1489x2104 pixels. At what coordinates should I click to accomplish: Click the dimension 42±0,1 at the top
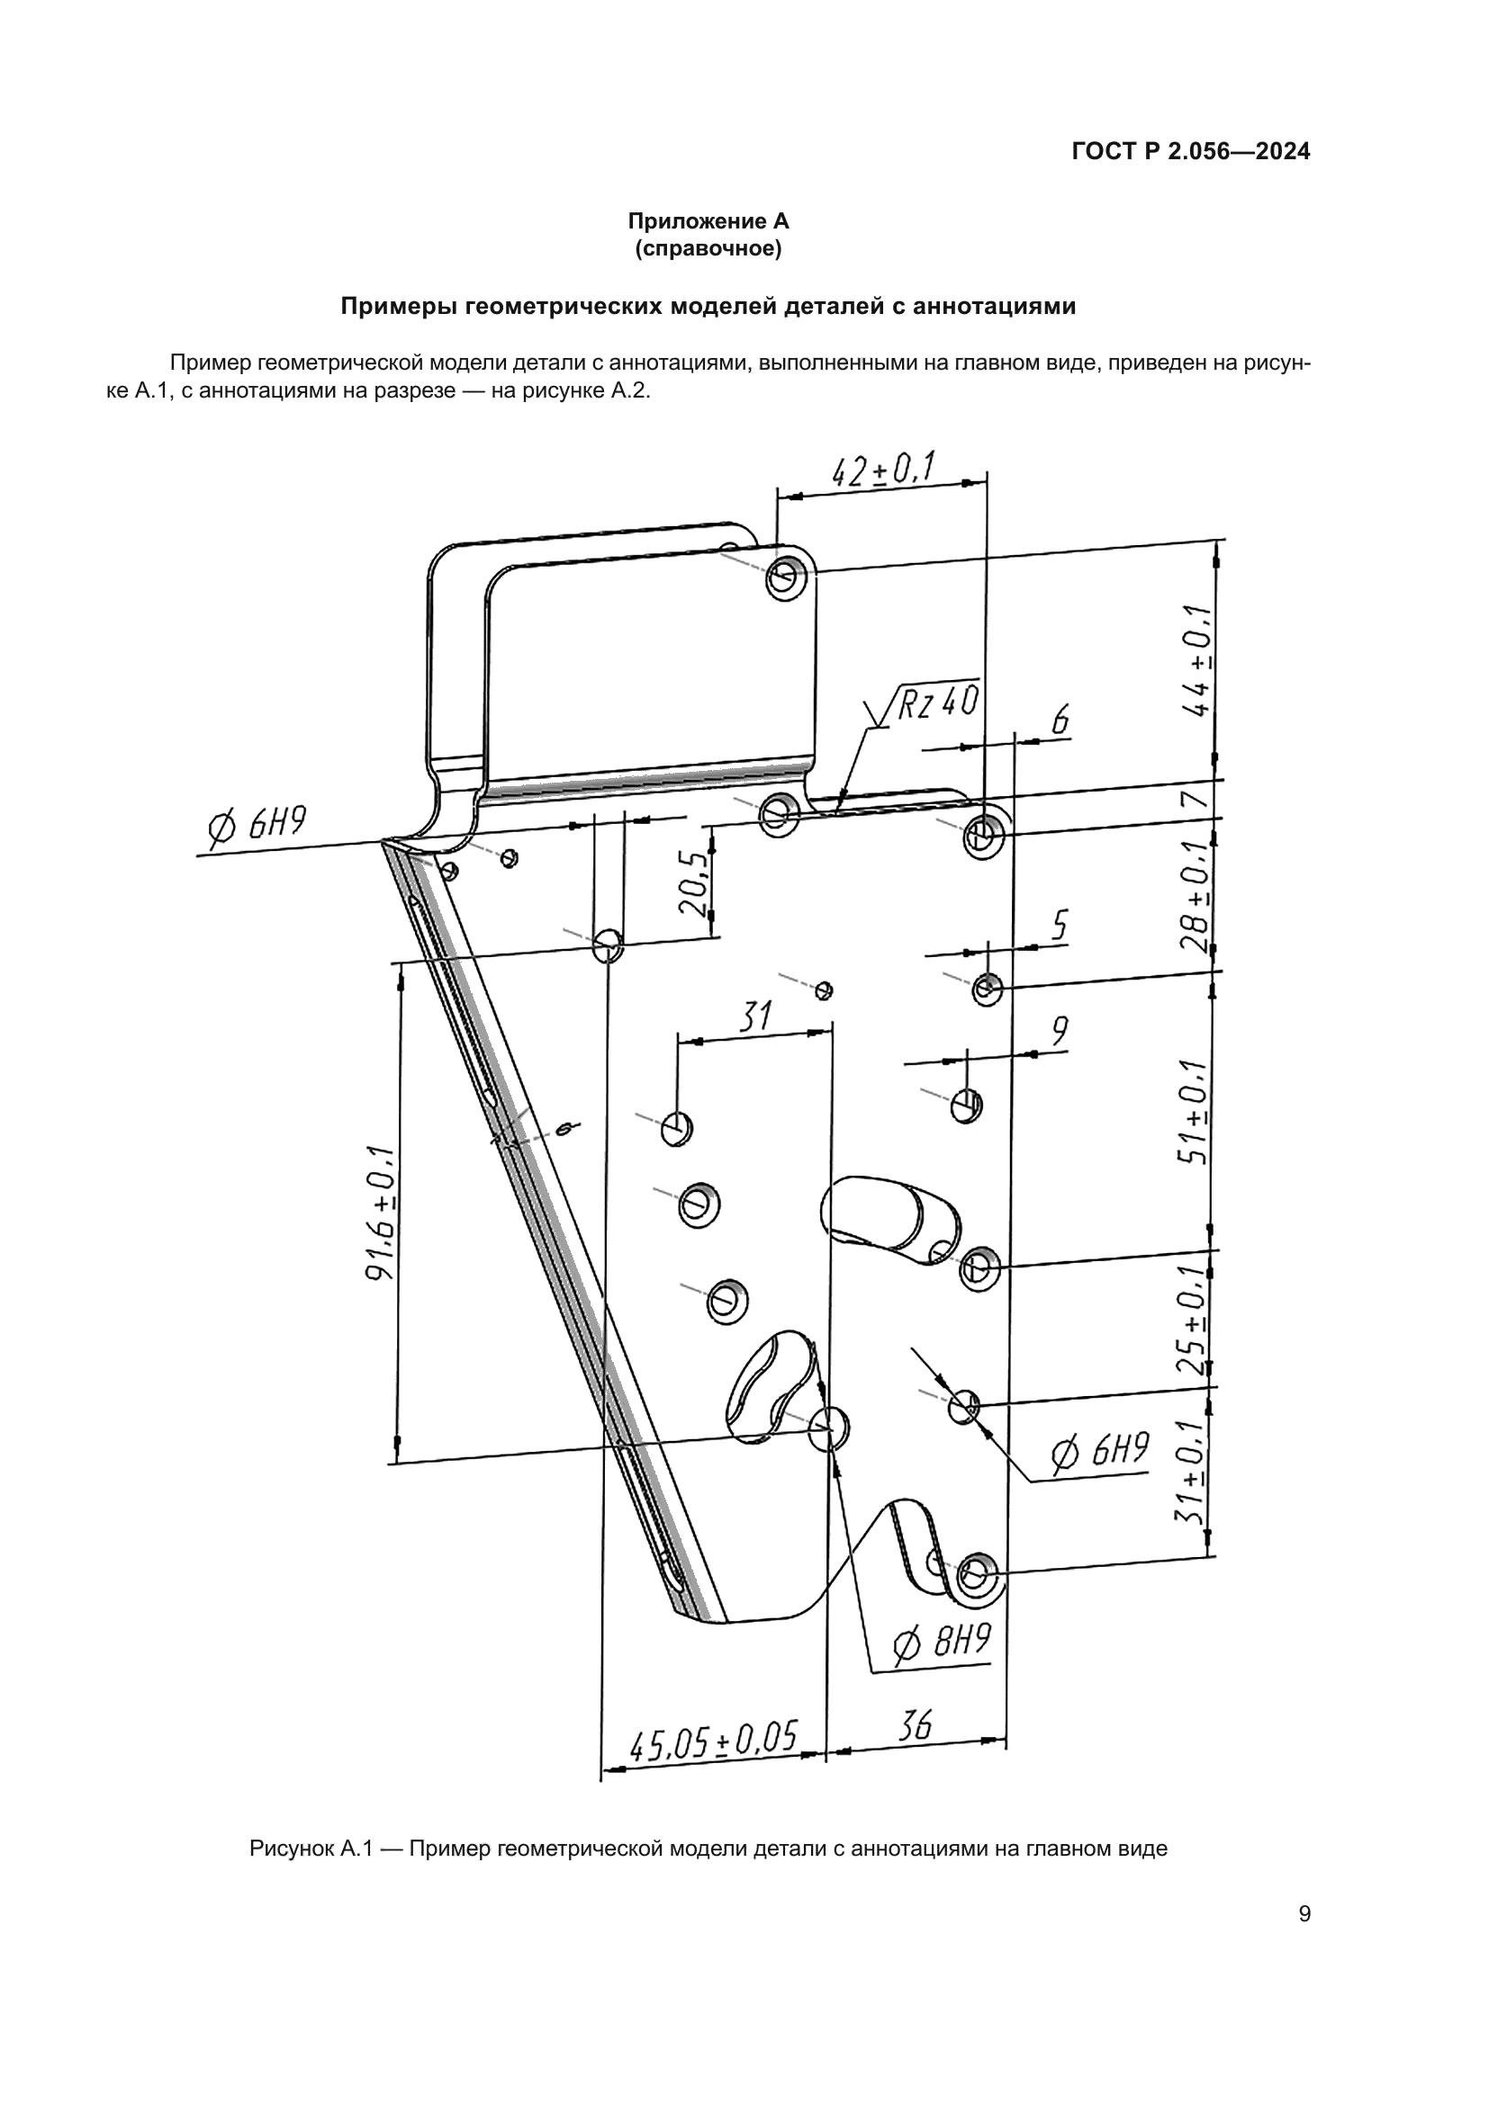click(882, 470)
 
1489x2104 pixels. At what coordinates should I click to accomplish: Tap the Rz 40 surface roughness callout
click(936, 703)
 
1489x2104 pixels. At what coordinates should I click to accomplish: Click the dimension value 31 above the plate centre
click(755, 1017)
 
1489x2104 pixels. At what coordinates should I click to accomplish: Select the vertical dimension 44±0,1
click(1197, 659)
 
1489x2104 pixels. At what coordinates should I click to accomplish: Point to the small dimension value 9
click(1059, 1032)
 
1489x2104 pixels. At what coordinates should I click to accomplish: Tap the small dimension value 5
click(1059, 926)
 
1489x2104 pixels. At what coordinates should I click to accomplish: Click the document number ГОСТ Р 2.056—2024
click(1190, 152)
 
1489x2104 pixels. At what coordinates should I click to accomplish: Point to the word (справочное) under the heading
click(708, 248)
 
